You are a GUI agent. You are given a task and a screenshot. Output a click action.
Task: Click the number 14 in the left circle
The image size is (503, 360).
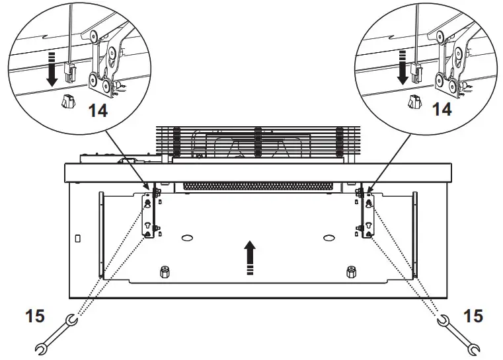coord(98,110)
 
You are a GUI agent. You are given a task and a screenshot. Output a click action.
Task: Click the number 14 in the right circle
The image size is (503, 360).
coord(442,110)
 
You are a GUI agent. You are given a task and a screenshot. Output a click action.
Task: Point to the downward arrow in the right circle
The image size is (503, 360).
coord(401,67)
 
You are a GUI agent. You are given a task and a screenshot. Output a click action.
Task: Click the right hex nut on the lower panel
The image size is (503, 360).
coord(351,271)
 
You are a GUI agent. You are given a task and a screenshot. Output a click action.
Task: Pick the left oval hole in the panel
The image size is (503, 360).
coord(187,236)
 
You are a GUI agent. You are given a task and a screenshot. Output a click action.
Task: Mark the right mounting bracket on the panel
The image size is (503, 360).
coord(364,218)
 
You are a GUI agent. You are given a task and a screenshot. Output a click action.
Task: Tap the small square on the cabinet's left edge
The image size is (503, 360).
coord(79,236)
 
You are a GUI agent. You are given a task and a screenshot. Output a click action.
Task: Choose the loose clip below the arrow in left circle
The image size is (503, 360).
coord(66,102)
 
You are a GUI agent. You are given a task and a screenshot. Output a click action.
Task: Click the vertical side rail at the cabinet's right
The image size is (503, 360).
coord(415,231)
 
